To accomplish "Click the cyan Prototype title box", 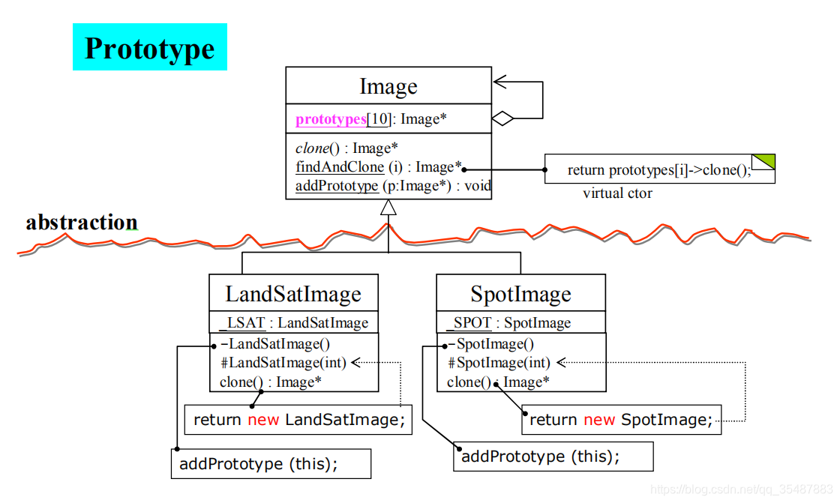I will pos(150,47).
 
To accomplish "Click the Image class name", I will pos(388,86).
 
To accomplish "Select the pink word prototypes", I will pos(331,119).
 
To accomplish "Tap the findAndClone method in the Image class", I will pos(340,167).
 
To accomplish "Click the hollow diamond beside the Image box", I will pos(502,118).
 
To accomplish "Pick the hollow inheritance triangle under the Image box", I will pos(388,208).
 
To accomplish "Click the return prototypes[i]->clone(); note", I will pos(658,170).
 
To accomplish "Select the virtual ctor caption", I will pos(617,193).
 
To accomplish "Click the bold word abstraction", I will pos(82,223).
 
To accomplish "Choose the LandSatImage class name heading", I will pos(293,294).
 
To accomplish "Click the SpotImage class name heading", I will pos(520,294).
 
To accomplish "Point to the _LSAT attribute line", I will pos(293,323).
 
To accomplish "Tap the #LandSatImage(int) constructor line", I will pos(283,364).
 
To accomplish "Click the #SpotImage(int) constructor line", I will pos(499,364).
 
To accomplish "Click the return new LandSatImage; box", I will pos(298,420).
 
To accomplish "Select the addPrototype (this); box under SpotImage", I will pos(553,457).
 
